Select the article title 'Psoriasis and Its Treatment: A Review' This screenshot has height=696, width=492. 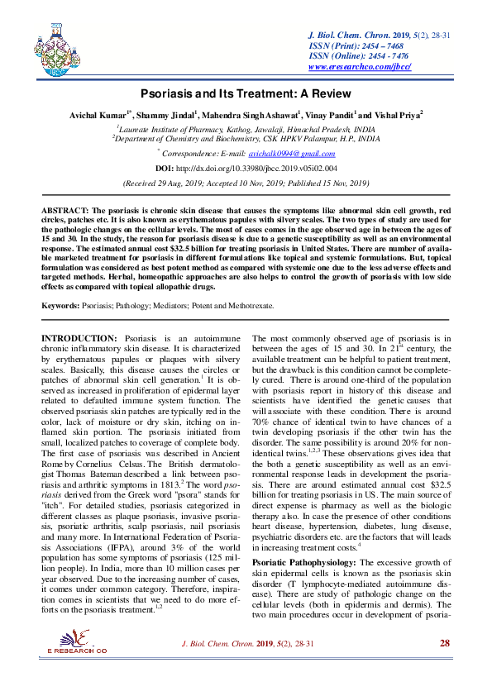(246, 94)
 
